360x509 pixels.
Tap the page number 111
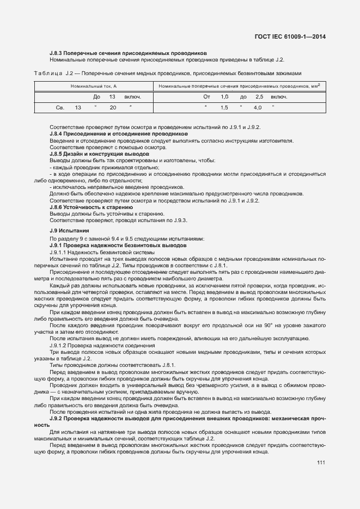[321, 463]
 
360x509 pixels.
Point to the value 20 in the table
[113, 108]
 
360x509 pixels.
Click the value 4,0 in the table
[258, 108]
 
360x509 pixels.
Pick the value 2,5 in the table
[259, 97]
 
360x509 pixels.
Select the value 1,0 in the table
[224, 97]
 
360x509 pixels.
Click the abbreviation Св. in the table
[60, 108]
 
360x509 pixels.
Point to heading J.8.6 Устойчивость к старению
[91, 207]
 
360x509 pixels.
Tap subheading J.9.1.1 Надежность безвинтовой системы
[102, 253]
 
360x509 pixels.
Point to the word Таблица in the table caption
[47, 73]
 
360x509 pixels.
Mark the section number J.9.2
[58, 418]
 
